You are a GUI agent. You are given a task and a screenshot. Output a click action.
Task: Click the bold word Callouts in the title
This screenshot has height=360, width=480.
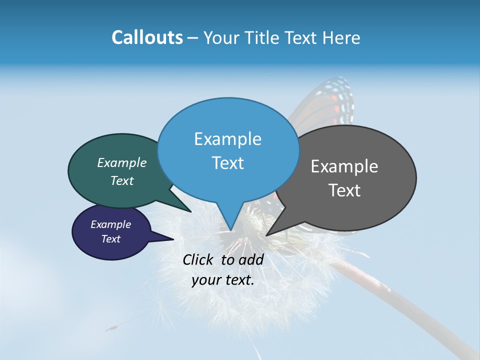coord(147,37)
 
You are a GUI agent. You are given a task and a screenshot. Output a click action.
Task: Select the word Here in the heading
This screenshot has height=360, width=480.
coord(341,37)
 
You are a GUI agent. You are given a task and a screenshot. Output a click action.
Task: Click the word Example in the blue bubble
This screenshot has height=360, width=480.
coord(227,139)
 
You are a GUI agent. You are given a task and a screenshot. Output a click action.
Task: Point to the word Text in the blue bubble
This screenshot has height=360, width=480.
coord(227,163)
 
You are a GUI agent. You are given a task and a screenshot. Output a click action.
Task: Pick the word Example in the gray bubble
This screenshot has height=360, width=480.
coord(344,166)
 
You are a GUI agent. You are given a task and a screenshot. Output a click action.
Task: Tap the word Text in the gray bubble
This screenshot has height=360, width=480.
coord(344,190)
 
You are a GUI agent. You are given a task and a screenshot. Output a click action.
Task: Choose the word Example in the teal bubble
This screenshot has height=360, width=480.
coord(122,162)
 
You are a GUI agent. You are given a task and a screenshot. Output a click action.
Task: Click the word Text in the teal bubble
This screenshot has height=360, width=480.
coord(122,180)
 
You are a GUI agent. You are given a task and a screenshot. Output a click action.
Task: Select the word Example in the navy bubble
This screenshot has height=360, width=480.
coord(111,224)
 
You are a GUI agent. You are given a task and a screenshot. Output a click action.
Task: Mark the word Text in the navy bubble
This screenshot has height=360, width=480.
coord(111,239)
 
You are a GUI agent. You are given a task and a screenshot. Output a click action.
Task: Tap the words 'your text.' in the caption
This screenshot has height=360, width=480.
coord(223,280)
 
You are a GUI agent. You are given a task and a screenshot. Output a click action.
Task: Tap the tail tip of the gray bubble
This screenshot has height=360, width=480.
coord(267,234)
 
